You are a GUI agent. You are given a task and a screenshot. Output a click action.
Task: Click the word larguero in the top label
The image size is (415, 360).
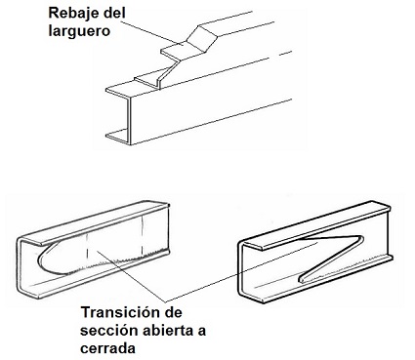pyautogui.click(x=79, y=31)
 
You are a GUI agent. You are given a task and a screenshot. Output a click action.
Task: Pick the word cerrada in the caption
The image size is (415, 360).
pyautogui.click(x=107, y=348)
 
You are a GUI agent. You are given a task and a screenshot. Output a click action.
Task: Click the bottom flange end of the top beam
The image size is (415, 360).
pyautogui.click(x=117, y=137)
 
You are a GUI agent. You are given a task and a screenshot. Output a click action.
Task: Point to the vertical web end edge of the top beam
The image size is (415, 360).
pyautogui.click(x=129, y=121)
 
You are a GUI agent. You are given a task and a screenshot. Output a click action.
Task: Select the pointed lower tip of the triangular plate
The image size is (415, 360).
pyautogui.click(x=301, y=279)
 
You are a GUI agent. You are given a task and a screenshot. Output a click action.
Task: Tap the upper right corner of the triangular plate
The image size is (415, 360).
pyautogui.click(x=361, y=238)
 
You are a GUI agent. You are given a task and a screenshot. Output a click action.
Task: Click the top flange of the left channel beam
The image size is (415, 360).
pyautogui.click(x=96, y=221)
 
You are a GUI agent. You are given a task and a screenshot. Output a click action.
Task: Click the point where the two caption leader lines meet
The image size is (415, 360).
pyautogui.click(x=166, y=300)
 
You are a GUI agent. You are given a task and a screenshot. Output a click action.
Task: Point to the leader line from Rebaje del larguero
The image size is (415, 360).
pyautogui.click(x=149, y=32)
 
